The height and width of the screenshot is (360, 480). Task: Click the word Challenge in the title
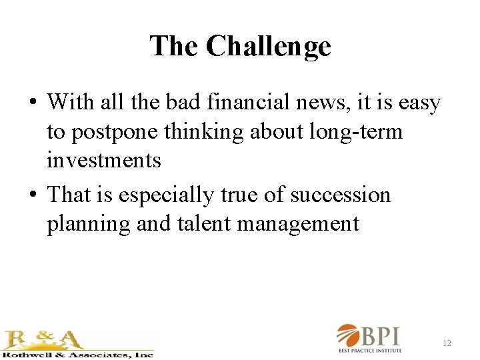pyautogui.click(x=268, y=47)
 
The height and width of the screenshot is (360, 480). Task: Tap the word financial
pyautogui.click(x=239, y=103)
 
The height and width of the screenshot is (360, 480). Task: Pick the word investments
pyautogui.click(x=103, y=160)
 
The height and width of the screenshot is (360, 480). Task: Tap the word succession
pyautogui.click(x=341, y=195)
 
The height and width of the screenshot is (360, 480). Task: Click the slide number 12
pyautogui.click(x=447, y=343)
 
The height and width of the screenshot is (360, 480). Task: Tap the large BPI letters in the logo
pyautogui.click(x=387, y=335)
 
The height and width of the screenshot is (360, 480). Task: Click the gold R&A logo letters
pyautogui.click(x=43, y=339)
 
